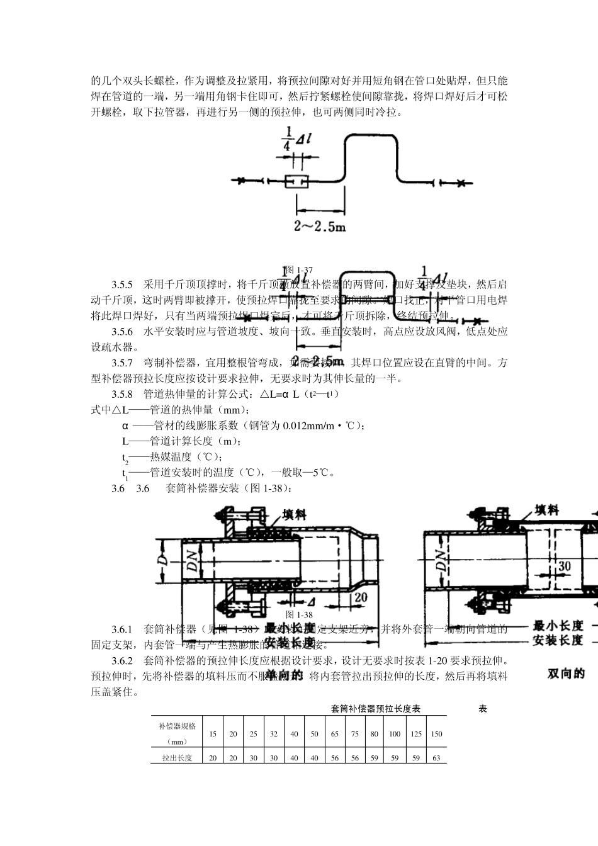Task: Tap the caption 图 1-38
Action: pos(299,614)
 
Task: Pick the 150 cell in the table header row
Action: pos(436,734)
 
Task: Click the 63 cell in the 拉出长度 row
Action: pos(436,758)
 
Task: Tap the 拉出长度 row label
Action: pos(177,758)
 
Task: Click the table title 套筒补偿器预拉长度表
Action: pos(376,709)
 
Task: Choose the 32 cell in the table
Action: pos(274,734)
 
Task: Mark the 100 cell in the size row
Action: pos(395,734)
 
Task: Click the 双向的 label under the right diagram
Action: pos(566,674)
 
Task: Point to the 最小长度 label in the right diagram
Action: pos(558,626)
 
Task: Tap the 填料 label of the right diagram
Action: pos(546,510)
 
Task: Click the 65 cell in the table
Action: pos(334,734)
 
